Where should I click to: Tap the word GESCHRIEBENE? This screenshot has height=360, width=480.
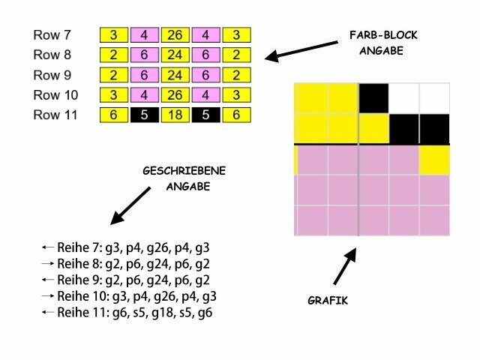click(184, 172)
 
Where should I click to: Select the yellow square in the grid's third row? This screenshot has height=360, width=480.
click(434, 159)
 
